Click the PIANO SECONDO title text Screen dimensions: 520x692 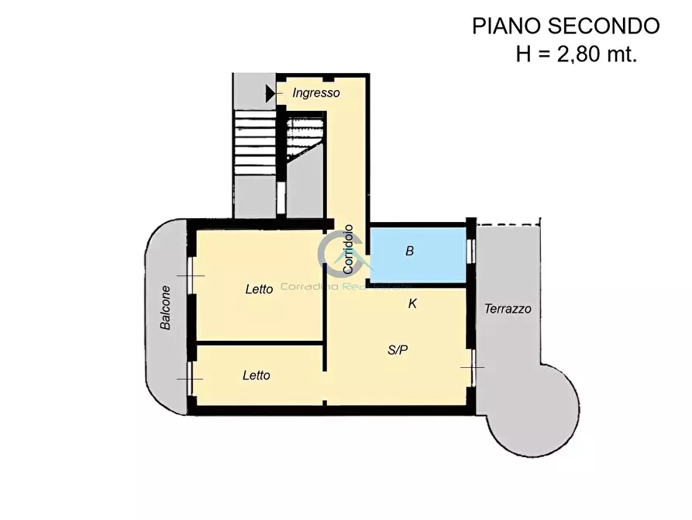566,26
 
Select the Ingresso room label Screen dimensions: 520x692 316,93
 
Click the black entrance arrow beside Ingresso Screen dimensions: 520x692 270,93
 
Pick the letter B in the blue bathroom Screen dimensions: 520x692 410,251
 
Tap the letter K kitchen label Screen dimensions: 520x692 412,304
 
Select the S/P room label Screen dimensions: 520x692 397,350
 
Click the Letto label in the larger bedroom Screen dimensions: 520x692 259,289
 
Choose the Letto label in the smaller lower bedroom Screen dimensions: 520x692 256,376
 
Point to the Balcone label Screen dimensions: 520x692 166,308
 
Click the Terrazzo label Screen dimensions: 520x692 508,309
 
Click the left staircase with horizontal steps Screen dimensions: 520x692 255,142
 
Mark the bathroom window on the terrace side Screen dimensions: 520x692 470,251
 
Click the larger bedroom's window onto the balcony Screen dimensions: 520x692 190,276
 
